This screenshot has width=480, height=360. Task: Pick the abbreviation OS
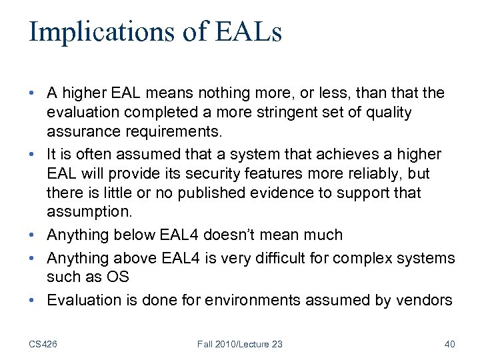point(119,277)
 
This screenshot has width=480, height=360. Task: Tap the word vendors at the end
point(427,301)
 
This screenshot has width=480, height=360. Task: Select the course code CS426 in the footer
point(43,344)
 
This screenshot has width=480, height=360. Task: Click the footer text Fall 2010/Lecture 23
point(240,344)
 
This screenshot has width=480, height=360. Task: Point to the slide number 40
point(449,344)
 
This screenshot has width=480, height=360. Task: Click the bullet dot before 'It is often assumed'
point(33,155)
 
